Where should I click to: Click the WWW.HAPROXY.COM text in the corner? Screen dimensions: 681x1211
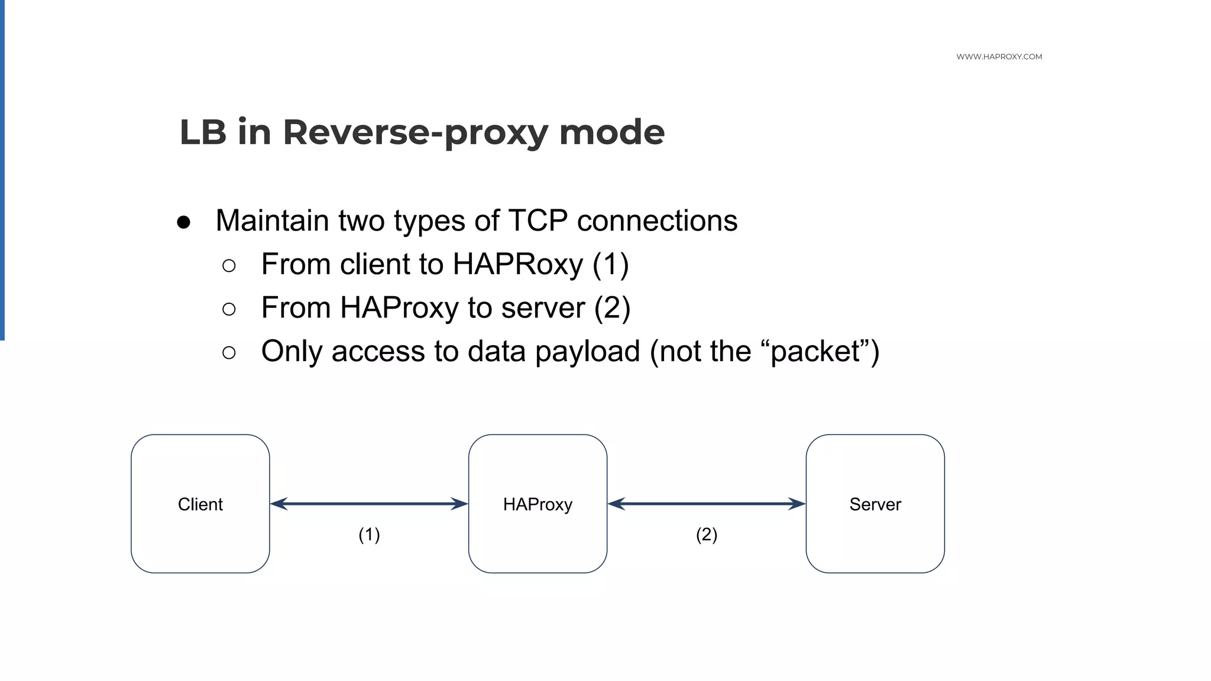(x=999, y=57)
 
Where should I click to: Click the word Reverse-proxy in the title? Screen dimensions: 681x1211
(x=415, y=132)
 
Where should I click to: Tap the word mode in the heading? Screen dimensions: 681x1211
(x=611, y=132)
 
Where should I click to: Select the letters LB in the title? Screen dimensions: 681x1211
(x=202, y=132)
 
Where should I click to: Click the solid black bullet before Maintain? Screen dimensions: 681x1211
(x=183, y=222)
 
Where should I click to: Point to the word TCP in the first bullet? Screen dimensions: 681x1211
(x=537, y=221)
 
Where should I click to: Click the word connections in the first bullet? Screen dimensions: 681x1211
(x=657, y=221)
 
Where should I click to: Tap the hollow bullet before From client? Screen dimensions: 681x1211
(x=229, y=265)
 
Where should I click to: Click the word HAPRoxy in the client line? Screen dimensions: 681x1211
(x=517, y=264)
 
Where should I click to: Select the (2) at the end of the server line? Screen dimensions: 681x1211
(x=612, y=308)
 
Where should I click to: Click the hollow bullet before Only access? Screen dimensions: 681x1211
(x=229, y=353)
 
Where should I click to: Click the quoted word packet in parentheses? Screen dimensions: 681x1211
(x=815, y=352)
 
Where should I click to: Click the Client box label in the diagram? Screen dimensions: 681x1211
(x=200, y=504)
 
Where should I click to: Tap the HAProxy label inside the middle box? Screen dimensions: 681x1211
(x=537, y=504)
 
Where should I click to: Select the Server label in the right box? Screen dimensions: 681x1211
(x=875, y=504)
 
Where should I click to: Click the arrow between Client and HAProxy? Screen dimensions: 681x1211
(x=369, y=504)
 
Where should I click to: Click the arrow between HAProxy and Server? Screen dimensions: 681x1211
(x=707, y=504)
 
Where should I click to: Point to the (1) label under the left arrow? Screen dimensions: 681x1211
(x=369, y=534)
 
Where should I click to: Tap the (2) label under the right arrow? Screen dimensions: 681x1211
(x=707, y=534)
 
